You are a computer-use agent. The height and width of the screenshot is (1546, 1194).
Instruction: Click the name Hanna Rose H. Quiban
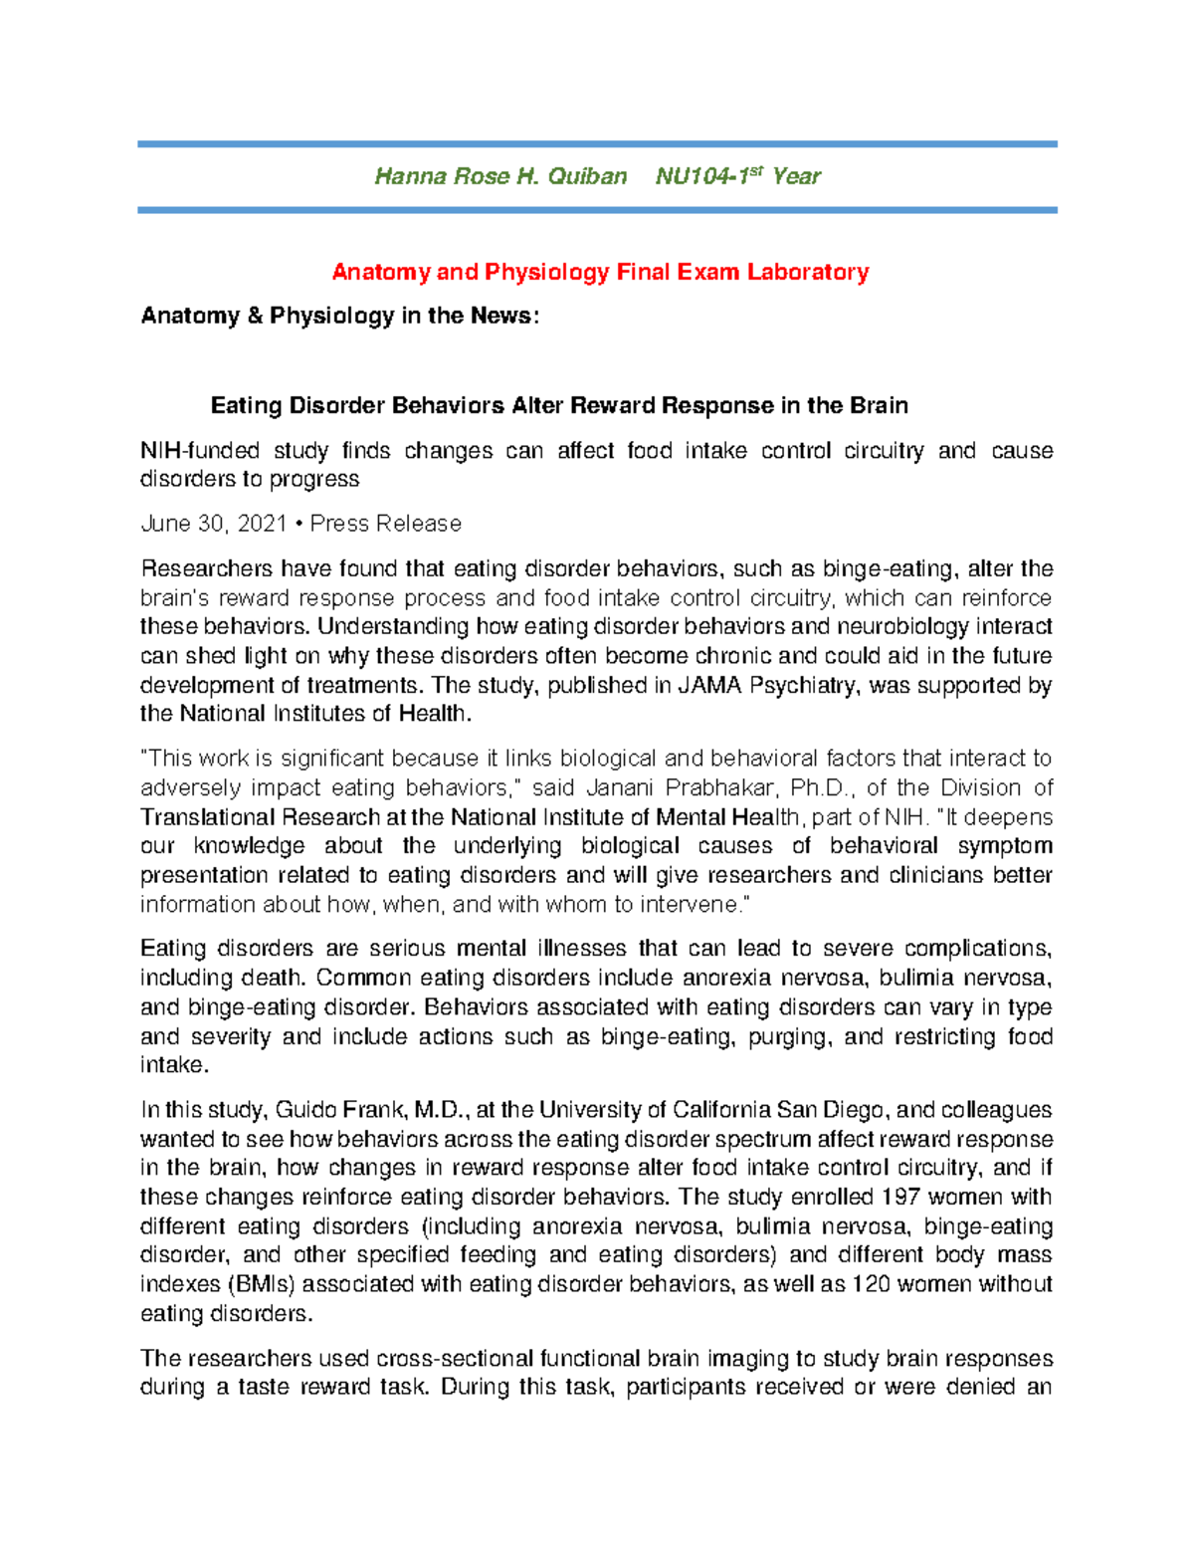tap(499, 177)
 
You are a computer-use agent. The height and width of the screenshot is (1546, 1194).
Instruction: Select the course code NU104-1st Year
tap(737, 177)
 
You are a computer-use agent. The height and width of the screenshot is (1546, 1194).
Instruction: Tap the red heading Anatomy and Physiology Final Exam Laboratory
tap(600, 272)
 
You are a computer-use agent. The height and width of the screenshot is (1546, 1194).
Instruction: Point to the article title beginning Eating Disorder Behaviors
tap(559, 406)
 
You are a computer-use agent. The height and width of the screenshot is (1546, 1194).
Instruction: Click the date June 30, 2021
tap(214, 524)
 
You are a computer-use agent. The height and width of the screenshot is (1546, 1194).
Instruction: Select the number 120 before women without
tap(871, 1284)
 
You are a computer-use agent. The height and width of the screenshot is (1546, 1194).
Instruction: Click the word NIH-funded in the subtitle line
tap(200, 451)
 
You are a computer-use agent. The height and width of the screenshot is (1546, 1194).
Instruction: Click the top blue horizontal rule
tap(597, 144)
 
